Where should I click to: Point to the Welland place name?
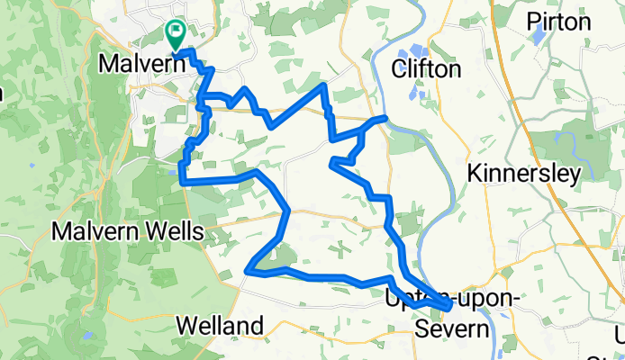221,325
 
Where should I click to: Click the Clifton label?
427,70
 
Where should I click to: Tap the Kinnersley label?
525,174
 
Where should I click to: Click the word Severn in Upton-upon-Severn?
453,329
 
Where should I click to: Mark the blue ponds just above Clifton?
418,51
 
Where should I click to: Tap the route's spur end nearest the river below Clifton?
385,118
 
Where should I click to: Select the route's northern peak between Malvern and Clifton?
323,85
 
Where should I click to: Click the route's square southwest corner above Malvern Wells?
183,182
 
